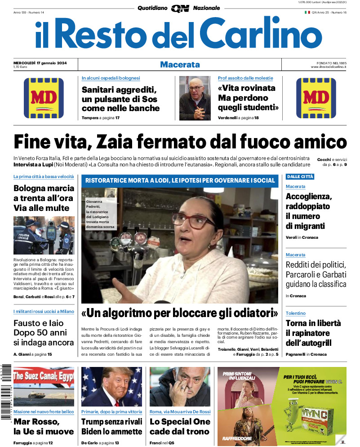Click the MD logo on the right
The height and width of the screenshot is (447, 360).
(316, 98)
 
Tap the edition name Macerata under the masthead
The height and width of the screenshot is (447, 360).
(180, 65)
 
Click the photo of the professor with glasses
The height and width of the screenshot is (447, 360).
(195, 98)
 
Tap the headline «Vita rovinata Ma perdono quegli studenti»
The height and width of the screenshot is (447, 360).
(248, 98)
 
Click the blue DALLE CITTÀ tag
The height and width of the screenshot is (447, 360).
(300, 177)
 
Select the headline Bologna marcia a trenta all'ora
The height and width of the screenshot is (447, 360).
(44, 198)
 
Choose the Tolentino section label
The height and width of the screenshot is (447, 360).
(295, 313)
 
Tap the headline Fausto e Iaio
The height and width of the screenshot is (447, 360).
(44, 333)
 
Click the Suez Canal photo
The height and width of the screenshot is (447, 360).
(44, 386)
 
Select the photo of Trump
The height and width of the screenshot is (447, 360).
(111, 386)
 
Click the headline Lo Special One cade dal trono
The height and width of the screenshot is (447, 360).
(180, 426)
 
